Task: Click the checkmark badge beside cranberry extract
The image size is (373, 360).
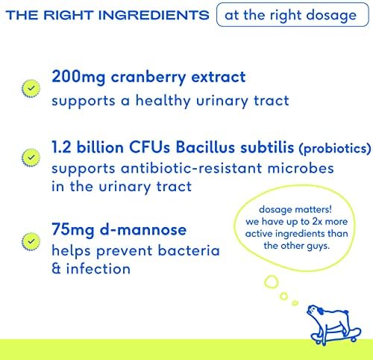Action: coord(31,88)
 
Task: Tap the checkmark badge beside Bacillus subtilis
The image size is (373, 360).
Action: coord(31,158)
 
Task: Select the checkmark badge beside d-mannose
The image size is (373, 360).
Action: coord(31,241)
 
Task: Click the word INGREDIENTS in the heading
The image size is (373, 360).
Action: coord(154,15)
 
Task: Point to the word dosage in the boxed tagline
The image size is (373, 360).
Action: coord(331,16)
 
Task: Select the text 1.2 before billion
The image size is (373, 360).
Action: coord(61,147)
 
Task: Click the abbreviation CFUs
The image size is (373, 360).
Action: coord(149,147)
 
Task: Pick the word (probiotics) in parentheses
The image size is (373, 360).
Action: coord(335,149)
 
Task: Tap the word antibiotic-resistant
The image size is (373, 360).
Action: coord(191,168)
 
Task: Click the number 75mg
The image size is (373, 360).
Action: coord(73,230)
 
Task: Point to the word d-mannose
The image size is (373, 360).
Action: coord(143,229)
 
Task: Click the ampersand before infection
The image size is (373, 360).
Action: coord(56,269)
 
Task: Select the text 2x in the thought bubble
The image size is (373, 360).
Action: coord(317,221)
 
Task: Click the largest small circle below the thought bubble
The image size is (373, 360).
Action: coord(271,282)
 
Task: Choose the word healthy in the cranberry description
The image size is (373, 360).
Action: coord(163,102)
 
